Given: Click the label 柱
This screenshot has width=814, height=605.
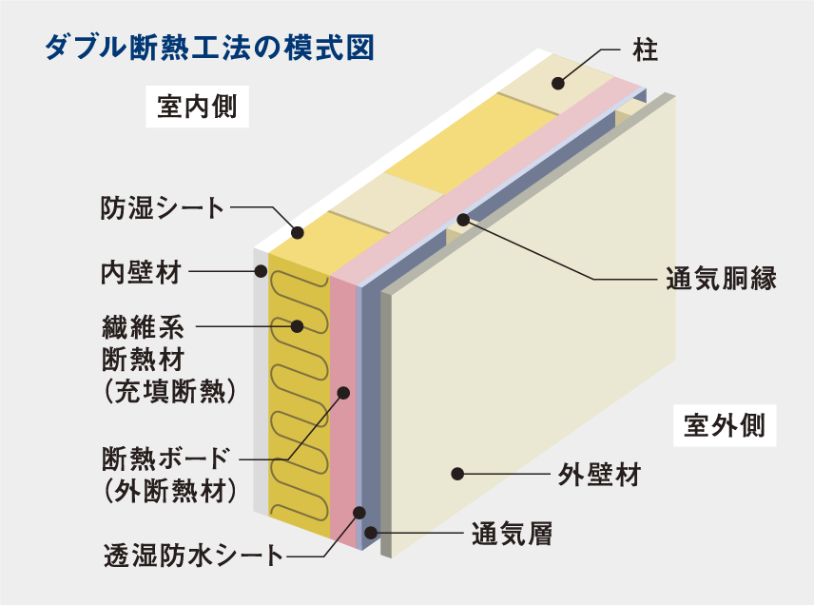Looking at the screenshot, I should pos(645,49).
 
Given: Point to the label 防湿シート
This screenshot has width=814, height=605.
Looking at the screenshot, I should pos(162,207).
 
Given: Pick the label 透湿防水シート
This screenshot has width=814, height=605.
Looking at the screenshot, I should pos(193,556).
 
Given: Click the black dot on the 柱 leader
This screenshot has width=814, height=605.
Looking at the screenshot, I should pos(558,84).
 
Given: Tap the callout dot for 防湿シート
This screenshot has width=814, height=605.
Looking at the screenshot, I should pos(298,232).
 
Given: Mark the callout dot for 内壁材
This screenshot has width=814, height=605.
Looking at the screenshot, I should pos(261,272).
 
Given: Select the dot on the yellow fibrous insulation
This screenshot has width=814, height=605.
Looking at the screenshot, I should pos(298,326).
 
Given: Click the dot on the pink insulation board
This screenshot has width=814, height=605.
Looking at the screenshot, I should pos(344,392).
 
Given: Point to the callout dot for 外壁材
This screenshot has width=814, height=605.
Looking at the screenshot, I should pos(457,473).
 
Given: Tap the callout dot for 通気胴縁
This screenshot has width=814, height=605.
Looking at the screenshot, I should pos(463,221).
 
